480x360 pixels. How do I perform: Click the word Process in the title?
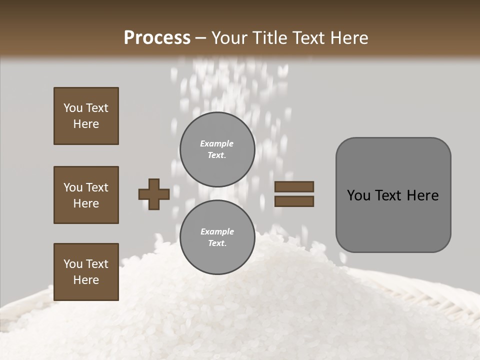[157, 38]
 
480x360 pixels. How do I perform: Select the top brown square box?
[86, 116]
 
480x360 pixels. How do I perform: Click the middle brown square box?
[86, 195]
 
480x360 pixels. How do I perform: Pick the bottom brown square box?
[86, 272]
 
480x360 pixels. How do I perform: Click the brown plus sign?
[154, 194]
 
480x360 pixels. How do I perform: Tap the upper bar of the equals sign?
[294, 186]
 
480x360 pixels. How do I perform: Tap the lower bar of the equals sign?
[294, 201]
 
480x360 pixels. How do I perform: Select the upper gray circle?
[217, 149]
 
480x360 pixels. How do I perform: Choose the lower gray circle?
[217, 237]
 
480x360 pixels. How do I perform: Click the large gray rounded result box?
[393, 195]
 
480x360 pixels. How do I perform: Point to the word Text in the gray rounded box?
[390, 195]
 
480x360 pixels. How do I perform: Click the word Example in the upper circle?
[217, 143]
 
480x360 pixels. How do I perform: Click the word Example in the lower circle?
[217, 231]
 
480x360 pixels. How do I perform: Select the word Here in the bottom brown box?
[86, 280]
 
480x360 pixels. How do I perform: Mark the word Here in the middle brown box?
[86, 203]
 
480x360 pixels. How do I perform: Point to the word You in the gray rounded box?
[358, 195]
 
